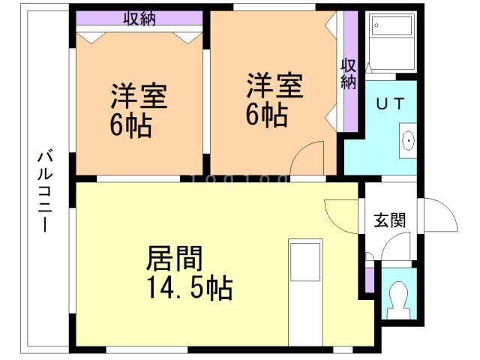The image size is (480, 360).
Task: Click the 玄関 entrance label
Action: pyautogui.click(x=390, y=220)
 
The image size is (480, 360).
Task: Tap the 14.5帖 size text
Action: pyautogui.click(x=187, y=286)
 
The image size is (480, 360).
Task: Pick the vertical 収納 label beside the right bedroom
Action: pyautogui.click(x=348, y=73)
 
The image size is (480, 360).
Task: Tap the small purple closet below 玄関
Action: pyautogui.click(x=368, y=279)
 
